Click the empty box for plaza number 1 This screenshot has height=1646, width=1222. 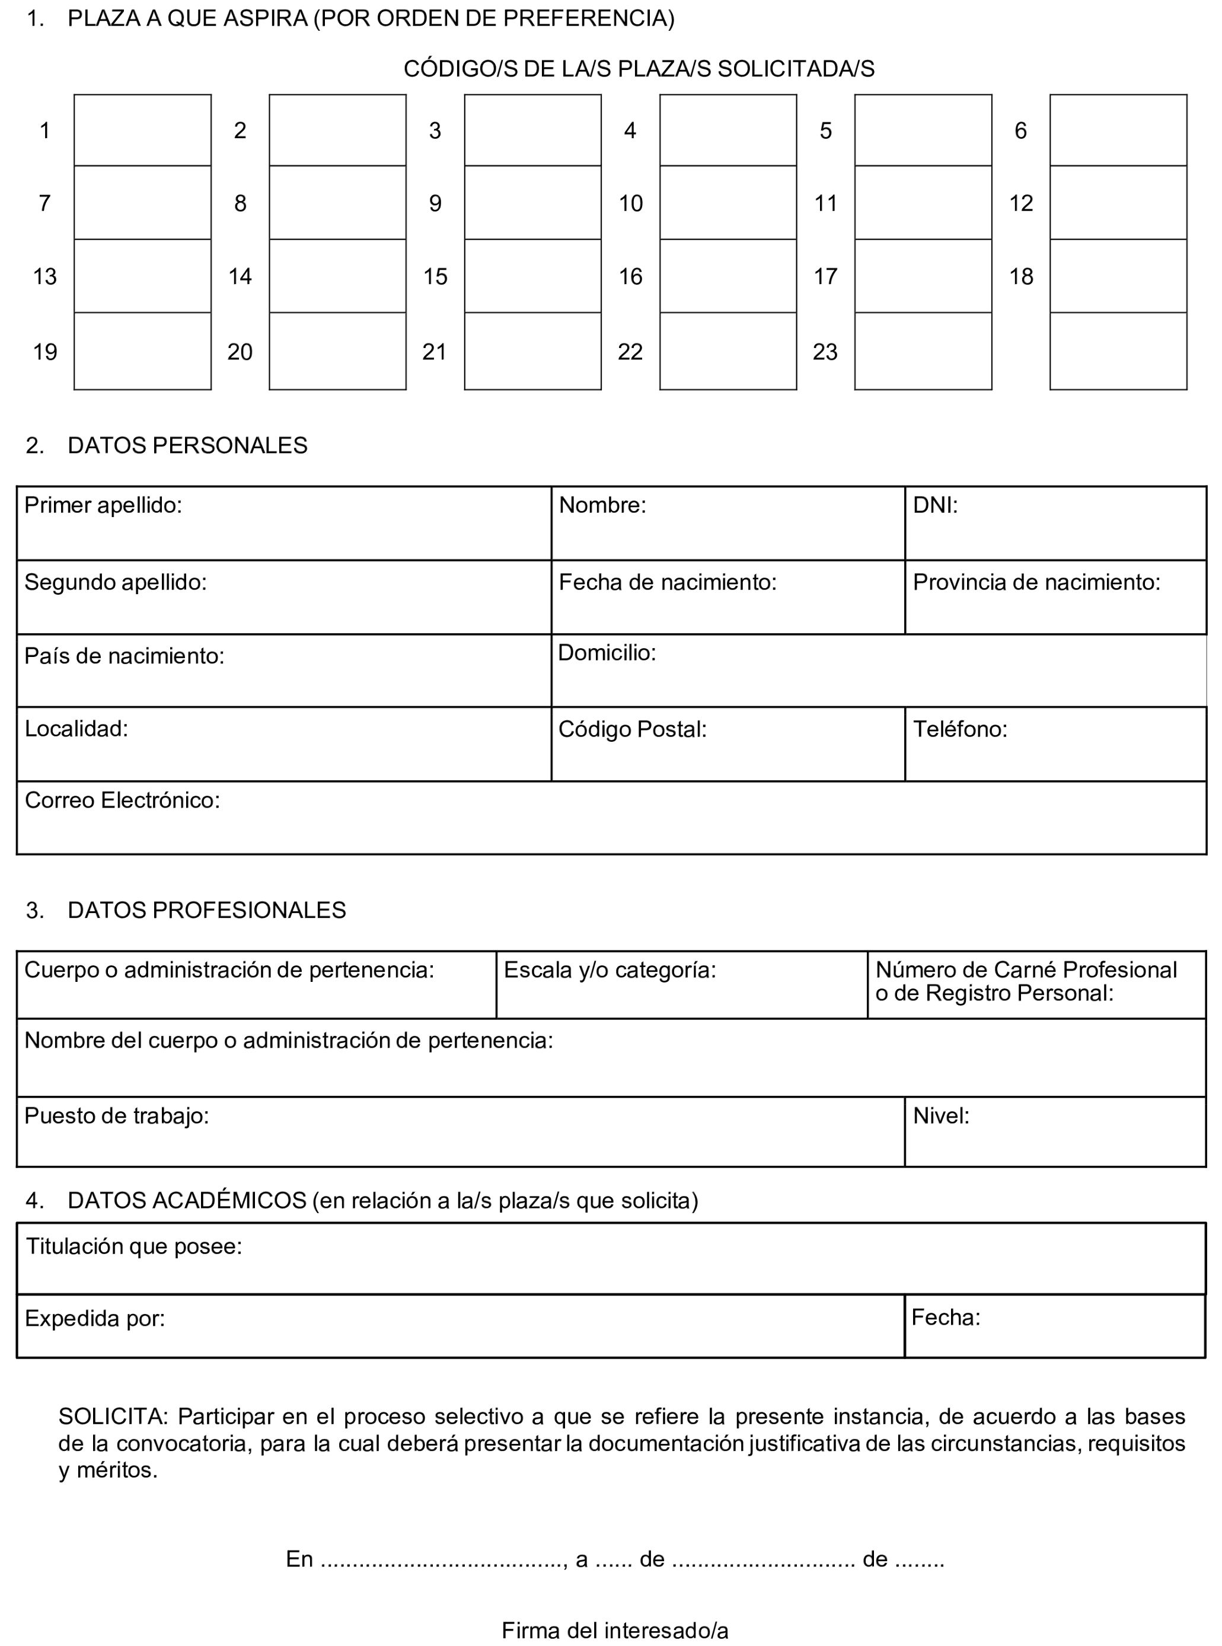(142, 130)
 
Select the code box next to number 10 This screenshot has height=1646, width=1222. (728, 203)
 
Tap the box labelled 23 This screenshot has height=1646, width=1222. (923, 352)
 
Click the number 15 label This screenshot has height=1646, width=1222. (435, 277)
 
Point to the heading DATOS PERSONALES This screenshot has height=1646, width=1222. (187, 445)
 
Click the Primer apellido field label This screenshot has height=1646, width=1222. (103, 505)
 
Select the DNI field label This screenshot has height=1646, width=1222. (935, 505)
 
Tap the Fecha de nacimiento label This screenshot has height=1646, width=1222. (667, 582)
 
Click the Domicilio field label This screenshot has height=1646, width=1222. (607, 652)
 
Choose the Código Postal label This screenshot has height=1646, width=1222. (633, 729)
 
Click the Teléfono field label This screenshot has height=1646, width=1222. (960, 729)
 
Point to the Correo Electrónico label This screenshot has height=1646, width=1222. (122, 800)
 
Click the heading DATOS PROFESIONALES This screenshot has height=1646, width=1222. (206, 910)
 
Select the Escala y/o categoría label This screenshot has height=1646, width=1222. (610, 970)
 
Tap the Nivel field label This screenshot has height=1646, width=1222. (941, 1115)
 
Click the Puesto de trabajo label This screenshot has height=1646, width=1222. (116, 1115)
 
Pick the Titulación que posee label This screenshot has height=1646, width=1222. (134, 1246)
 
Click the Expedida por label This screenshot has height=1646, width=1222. (95, 1318)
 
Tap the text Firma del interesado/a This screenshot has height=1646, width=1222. (615, 1631)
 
